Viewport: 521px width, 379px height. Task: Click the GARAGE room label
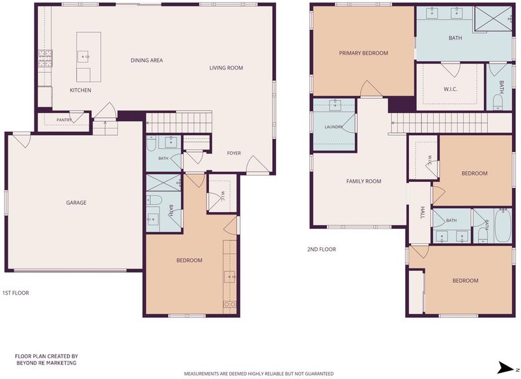76,203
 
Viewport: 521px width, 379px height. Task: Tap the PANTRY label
64,120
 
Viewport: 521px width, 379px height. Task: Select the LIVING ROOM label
226,68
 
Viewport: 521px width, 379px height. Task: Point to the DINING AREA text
147,60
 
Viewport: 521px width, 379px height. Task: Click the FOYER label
234,153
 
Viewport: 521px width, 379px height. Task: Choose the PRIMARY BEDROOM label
363,53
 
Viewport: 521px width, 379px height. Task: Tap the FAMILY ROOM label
364,181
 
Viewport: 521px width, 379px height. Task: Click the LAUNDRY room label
333,127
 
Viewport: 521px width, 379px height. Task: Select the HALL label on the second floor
423,213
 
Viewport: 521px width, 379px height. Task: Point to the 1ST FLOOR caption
16,293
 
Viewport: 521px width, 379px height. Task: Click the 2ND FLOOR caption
321,250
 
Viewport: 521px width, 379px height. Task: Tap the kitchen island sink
83,57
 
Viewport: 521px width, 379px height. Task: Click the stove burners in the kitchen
45,58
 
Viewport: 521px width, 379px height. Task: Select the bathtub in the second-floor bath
503,226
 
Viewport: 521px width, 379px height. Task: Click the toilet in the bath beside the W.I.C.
498,103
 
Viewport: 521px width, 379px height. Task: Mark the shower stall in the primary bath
493,19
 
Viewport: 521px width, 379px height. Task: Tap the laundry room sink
335,105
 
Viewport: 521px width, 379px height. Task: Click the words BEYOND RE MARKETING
46,363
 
